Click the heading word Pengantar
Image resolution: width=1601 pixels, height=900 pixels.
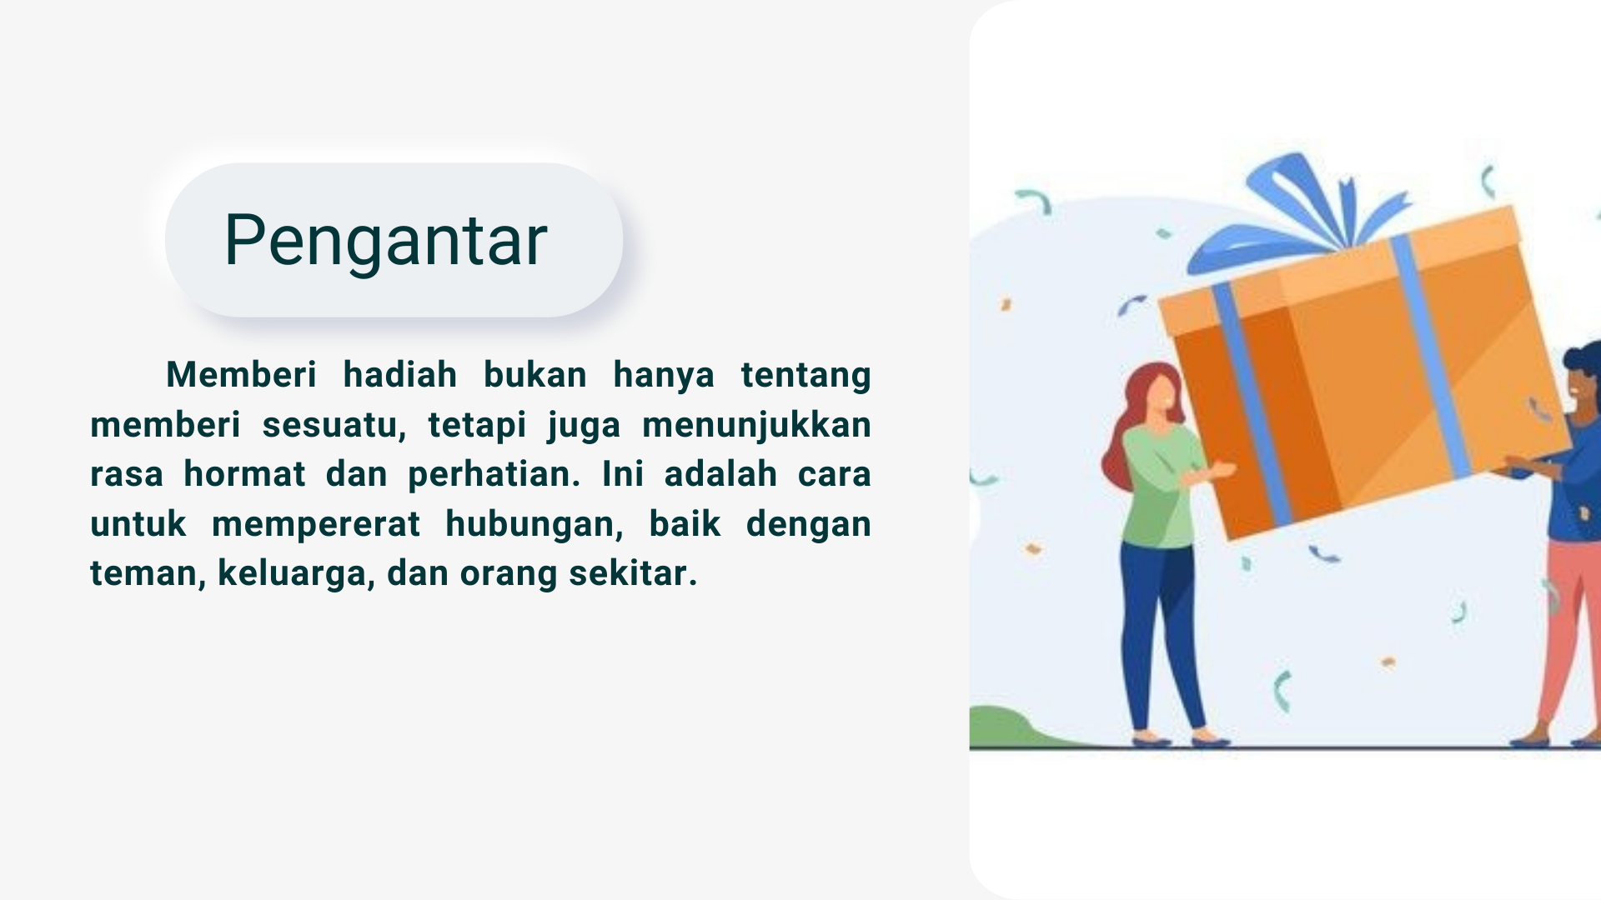coord(386,241)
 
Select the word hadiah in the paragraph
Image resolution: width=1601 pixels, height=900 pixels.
coord(400,375)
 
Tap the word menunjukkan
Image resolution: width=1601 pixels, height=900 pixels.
coord(756,426)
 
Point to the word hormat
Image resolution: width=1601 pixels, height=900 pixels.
coord(244,474)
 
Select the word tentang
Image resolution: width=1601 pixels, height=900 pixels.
coord(806,376)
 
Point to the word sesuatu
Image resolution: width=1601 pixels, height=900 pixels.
coord(334,426)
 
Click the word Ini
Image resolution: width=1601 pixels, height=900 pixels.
coord(623,474)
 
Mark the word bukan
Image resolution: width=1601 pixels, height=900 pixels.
coord(535,375)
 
